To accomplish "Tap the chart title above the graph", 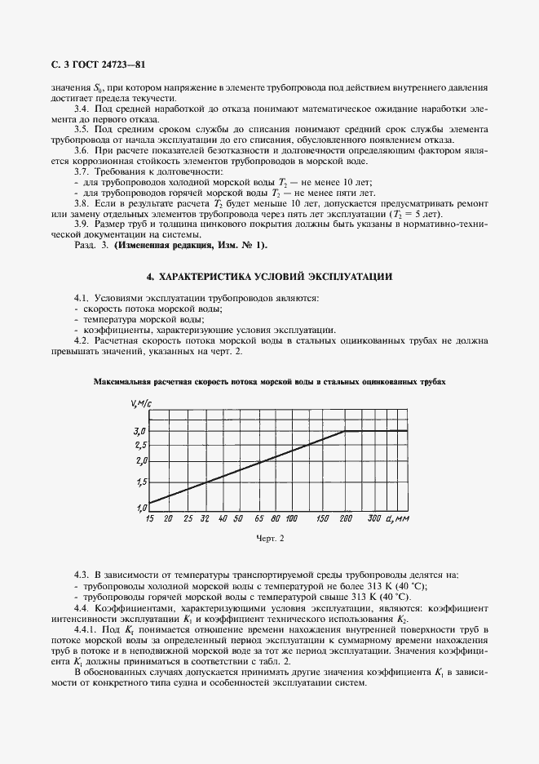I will tap(270, 381).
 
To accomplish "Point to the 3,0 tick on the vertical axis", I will tap(139, 431).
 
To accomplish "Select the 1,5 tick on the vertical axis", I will tap(139, 483).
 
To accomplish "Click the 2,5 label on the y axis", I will tap(139, 446).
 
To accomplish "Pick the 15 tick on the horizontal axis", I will tap(149, 518).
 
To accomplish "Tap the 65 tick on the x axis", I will tap(258, 518).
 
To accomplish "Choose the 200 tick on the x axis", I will tap(345, 518).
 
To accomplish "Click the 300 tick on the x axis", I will tap(374, 518).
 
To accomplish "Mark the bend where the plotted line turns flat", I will tap(345, 431).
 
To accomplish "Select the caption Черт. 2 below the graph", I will tap(269, 540).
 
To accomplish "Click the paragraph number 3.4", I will tap(82, 109).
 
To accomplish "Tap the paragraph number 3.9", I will tap(82, 223).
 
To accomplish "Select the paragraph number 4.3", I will tap(82, 576).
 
